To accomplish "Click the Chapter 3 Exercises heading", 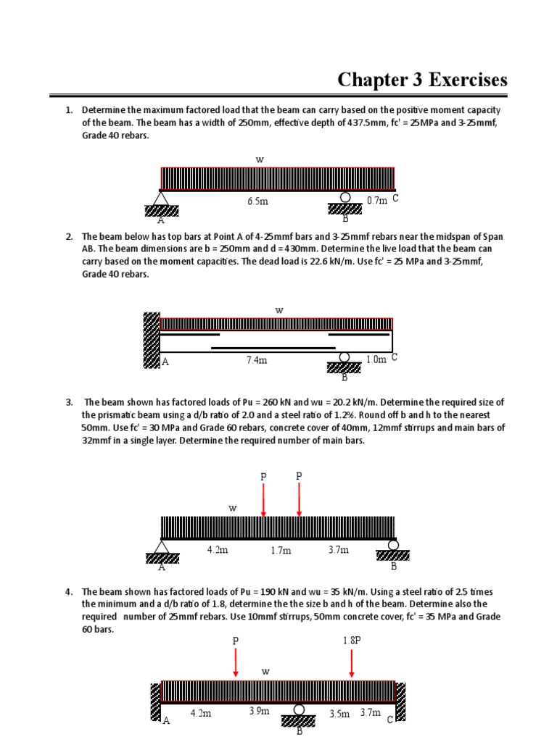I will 423,80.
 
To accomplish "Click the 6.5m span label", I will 257,201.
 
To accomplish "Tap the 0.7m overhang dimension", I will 377,200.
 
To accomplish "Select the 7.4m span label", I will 257,359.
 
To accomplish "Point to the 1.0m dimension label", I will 376,359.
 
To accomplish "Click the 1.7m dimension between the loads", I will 281,551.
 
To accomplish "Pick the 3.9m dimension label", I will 259,711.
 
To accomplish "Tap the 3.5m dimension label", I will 339,714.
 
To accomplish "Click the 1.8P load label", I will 351,641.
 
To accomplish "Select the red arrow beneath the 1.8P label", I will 352,663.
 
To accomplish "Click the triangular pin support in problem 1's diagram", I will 161,198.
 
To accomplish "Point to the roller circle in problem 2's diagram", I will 345,357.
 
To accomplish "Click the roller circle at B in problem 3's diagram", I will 392,545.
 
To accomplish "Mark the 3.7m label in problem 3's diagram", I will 339,550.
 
